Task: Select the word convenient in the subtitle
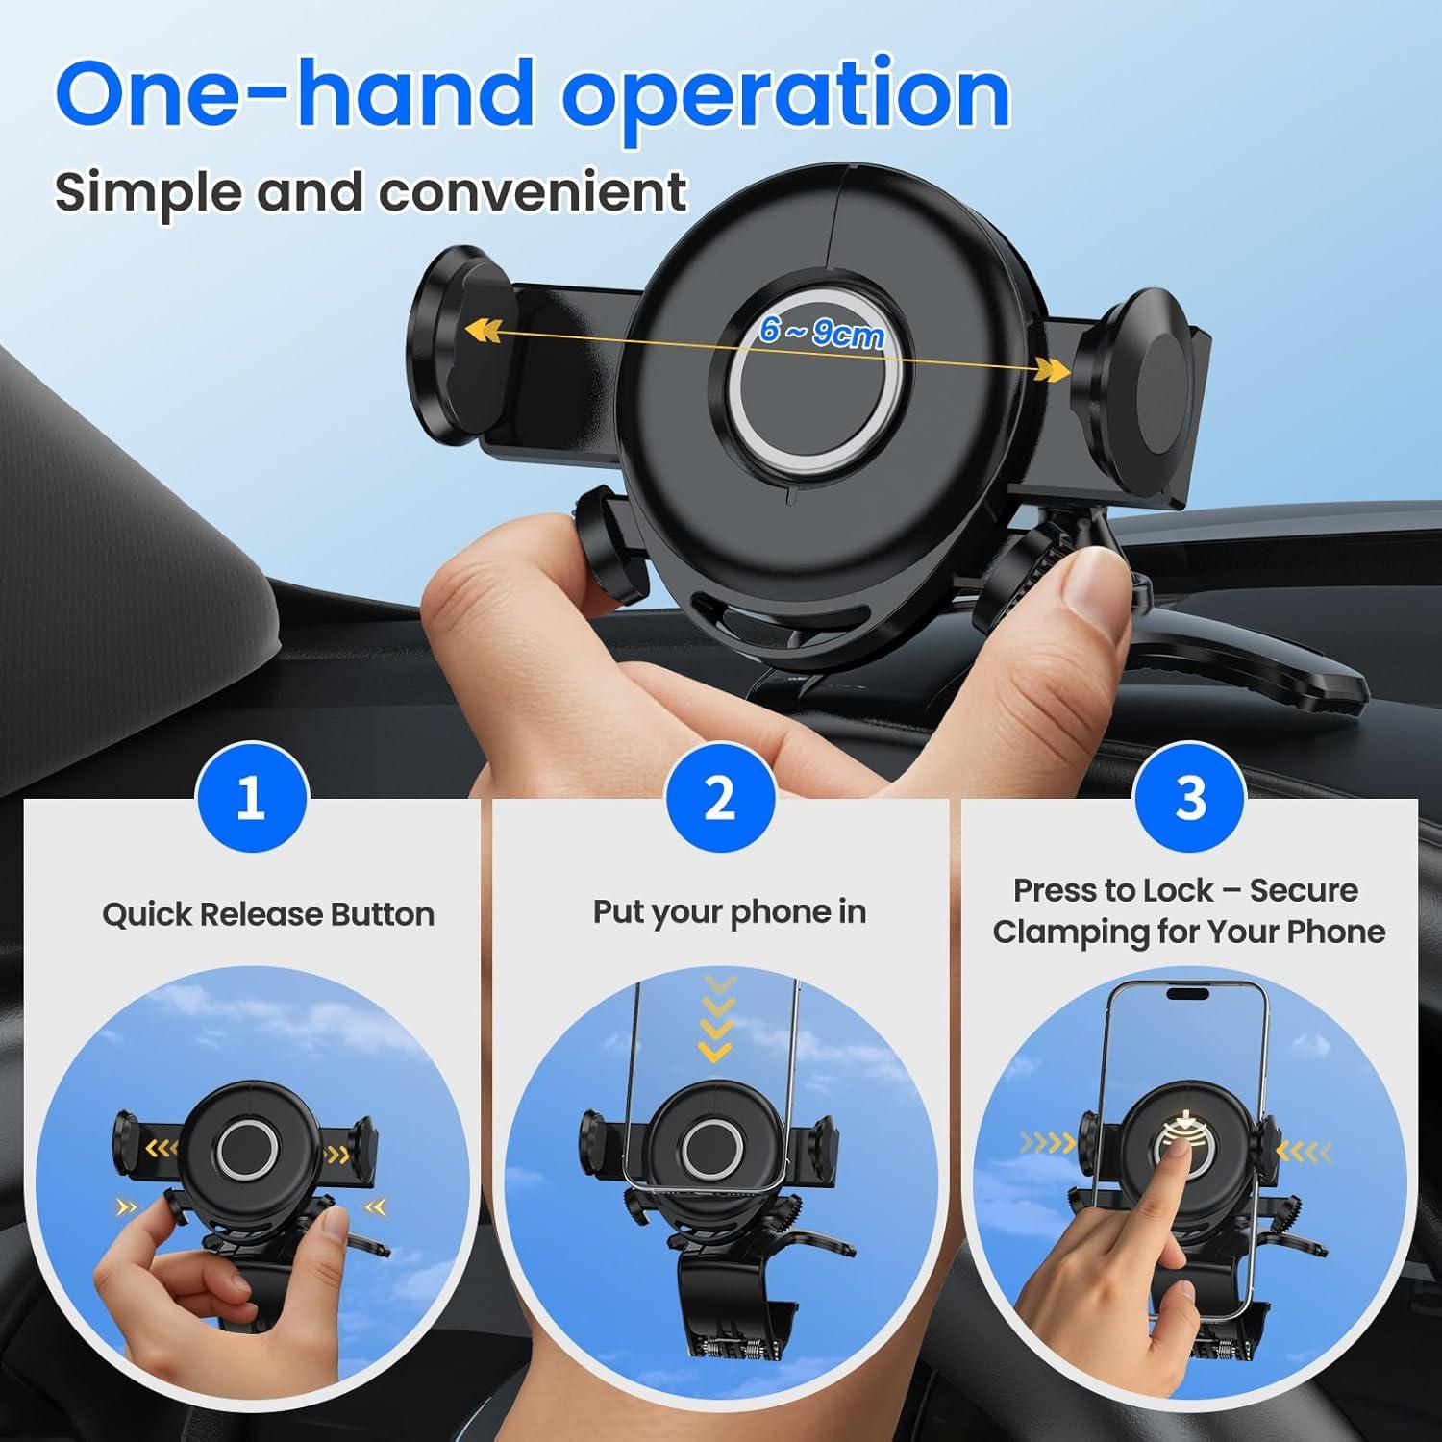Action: pos(532,192)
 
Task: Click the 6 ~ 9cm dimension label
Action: pos(820,332)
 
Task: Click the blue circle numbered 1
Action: pos(251,797)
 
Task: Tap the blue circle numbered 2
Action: pos(719,797)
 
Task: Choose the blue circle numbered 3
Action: pos(1189,797)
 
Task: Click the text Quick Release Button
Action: pos(268,913)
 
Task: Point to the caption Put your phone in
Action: pos(729,911)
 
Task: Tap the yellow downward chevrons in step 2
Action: pos(716,1019)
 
